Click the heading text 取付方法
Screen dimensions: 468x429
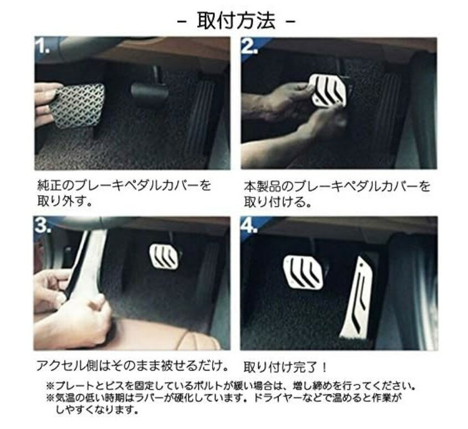pos(236,21)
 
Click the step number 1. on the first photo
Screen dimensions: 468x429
pos(43,46)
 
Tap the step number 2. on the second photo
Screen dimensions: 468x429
pos(250,46)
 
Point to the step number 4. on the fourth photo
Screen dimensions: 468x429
pos(250,226)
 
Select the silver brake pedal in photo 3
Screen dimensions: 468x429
pos(164,256)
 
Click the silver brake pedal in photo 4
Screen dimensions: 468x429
pos(302,272)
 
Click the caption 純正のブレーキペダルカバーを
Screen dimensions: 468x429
pos(124,186)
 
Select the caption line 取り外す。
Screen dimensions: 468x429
pos(64,201)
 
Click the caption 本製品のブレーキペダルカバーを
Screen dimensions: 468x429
pos(337,186)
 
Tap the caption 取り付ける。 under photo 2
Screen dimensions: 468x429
pos(278,202)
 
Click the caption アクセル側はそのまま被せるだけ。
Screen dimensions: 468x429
pos(132,366)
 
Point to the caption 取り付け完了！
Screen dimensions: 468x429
pos(285,367)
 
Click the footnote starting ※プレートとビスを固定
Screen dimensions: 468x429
pos(230,386)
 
